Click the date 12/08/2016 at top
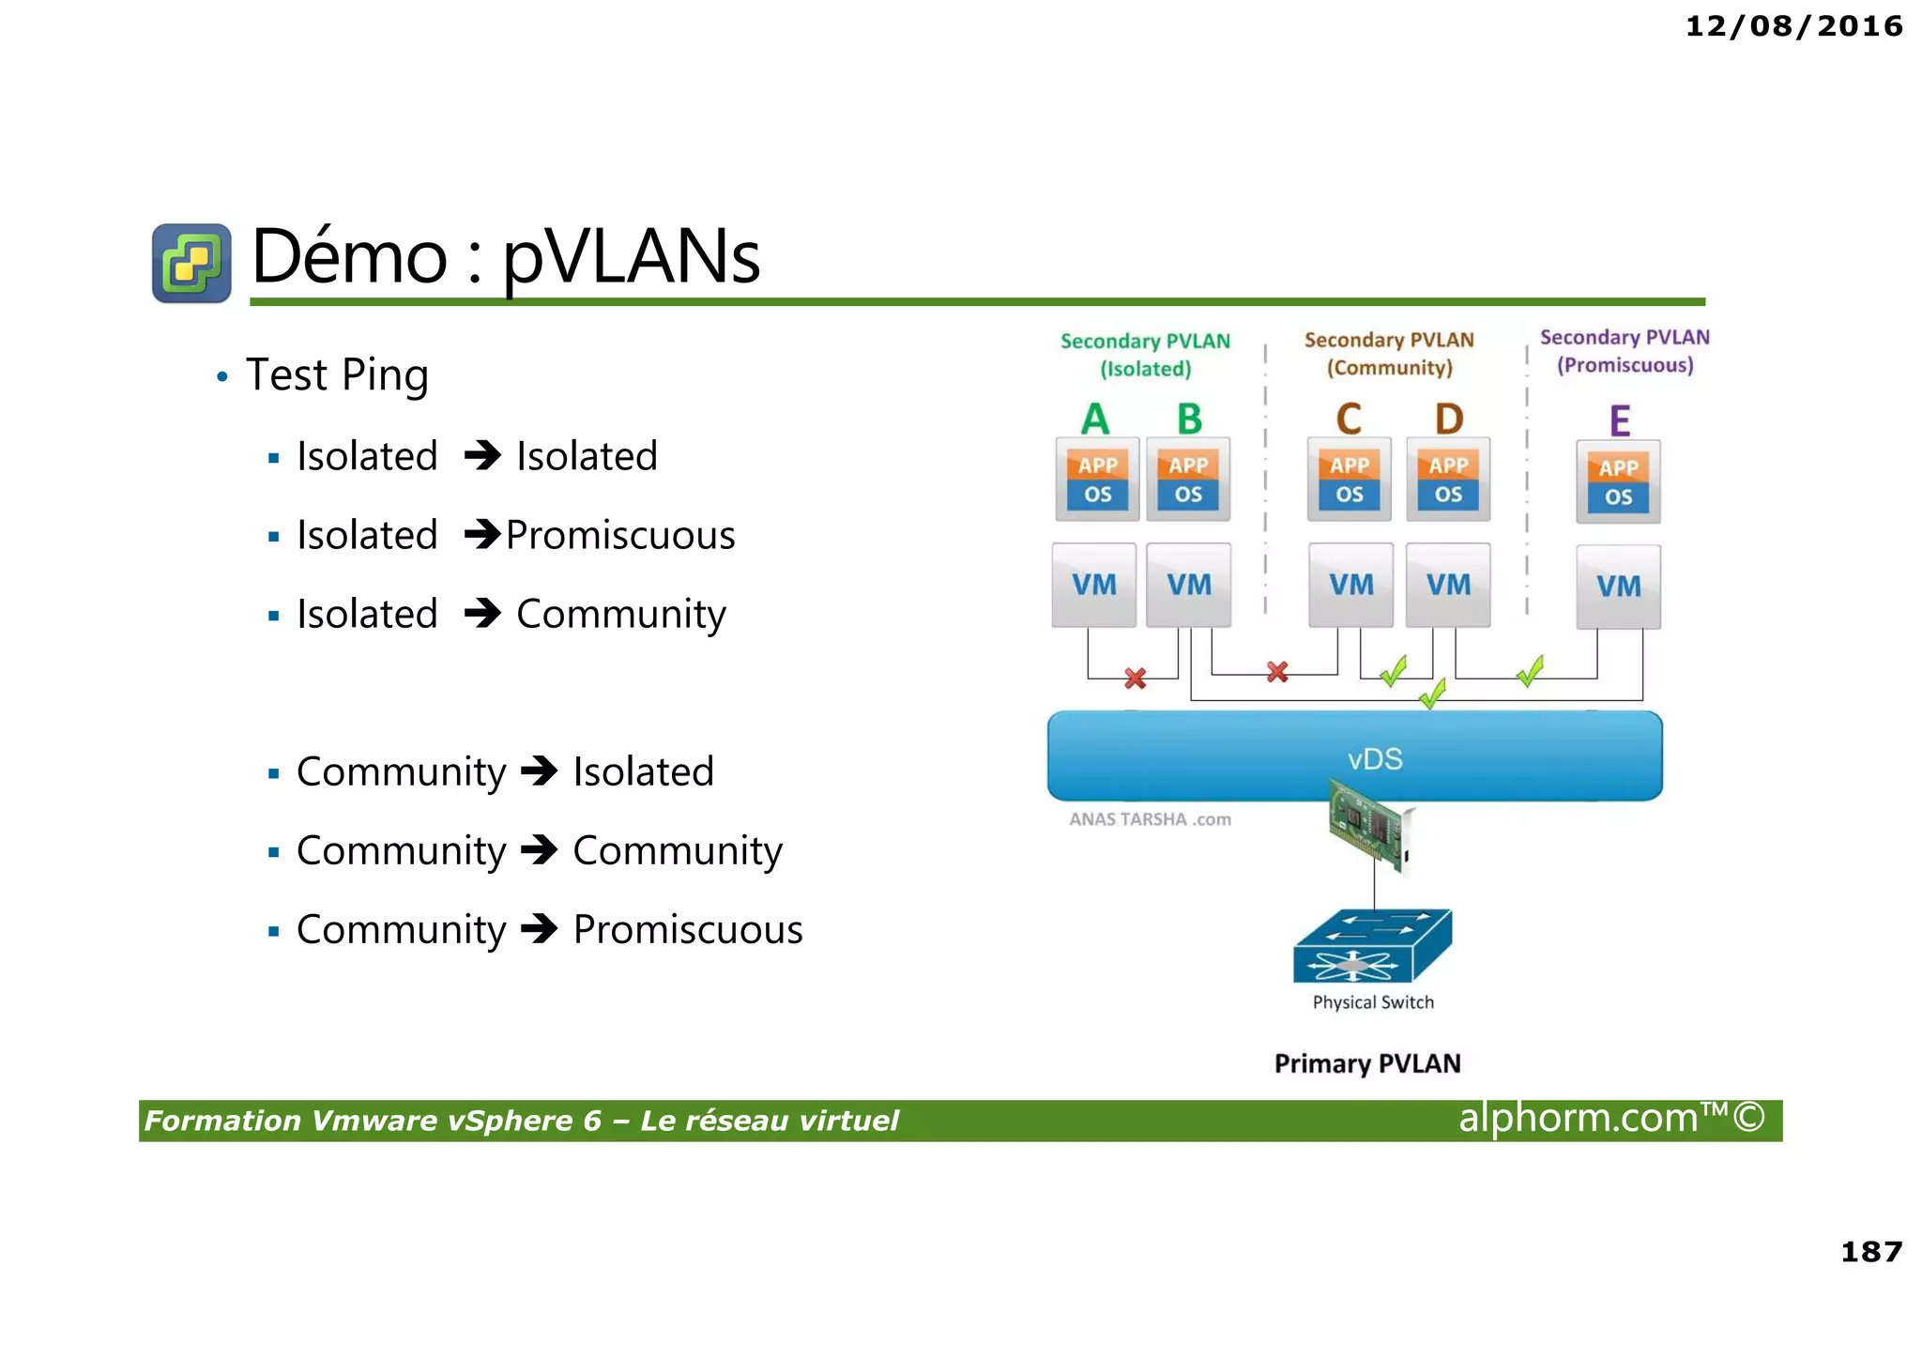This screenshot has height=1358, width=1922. [x=1793, y=26]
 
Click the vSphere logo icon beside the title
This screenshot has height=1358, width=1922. [x=191, y=263]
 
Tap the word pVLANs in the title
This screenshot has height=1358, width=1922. [x=631, y=256]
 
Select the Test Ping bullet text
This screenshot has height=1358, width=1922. [x=337, y=374]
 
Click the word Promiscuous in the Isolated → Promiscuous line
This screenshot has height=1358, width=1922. [x=620, y=535]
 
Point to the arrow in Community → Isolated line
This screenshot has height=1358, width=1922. [x=540, y=771]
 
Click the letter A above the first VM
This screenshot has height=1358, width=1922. [x=1095, y=419]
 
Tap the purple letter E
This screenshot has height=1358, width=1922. [x=1619, y=420]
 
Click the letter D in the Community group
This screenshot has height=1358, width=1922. [x=1449, y=419]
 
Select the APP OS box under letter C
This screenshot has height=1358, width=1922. [x=1350, y=480]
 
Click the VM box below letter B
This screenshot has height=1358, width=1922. [x=1189, y=585]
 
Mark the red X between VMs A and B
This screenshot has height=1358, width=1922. [x=1136, y=678]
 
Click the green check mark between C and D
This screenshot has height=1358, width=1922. [x=1394, y=671]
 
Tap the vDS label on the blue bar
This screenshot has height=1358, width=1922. [x=1375, y=758]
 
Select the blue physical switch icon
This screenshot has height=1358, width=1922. [x=1372, y=946]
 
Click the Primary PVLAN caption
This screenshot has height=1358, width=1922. [x=1367, y=1063]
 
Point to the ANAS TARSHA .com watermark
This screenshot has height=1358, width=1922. [x=1150, y=819]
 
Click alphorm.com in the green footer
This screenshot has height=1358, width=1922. [x=1579, y=1119]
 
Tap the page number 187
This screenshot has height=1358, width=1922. [x=1870, y=1252]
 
